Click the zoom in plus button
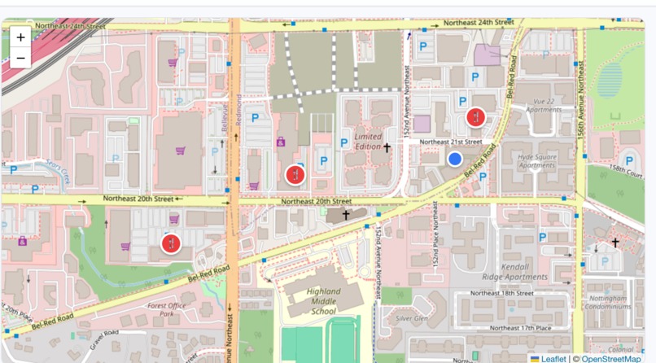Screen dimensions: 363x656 (20, 37)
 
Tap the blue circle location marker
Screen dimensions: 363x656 (455, 159)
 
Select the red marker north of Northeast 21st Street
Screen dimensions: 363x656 (475, 117)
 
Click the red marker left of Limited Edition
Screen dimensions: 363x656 (295, 174)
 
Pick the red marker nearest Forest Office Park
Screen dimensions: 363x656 (170, 243)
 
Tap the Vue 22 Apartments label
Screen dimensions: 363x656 (543, 104)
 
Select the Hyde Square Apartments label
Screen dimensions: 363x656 (536, 160)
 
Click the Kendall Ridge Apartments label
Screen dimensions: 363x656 (514, 272)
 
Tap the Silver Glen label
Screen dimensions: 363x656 (412, 319)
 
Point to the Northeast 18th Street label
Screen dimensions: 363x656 (501, 293)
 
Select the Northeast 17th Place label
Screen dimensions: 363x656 (517, 328)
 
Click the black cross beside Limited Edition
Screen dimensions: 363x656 (387, 147)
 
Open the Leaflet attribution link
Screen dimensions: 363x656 (553, 358)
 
